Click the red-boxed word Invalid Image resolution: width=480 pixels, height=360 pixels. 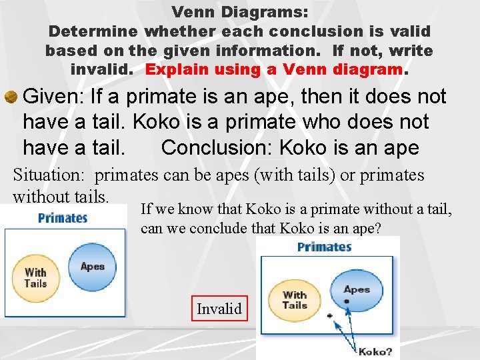[219, 308]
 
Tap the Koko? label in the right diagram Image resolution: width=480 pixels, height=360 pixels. [375, 351]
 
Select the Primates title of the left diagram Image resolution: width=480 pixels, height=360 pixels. [63, 218]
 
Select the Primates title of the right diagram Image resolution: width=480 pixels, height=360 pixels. [324, 247]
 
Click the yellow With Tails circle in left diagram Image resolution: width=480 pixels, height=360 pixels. [36, 277]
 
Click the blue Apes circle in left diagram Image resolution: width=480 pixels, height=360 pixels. [92, 267]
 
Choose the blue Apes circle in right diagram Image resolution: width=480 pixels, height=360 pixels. [356, 293]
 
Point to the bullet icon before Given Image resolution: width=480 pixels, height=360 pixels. [11, 97]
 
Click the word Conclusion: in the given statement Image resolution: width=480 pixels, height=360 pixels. [217, 147]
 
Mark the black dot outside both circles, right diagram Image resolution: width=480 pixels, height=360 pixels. [329, 315]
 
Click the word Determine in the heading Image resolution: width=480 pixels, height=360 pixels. [93, 31]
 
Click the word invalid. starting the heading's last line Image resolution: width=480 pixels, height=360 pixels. [104, 69]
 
